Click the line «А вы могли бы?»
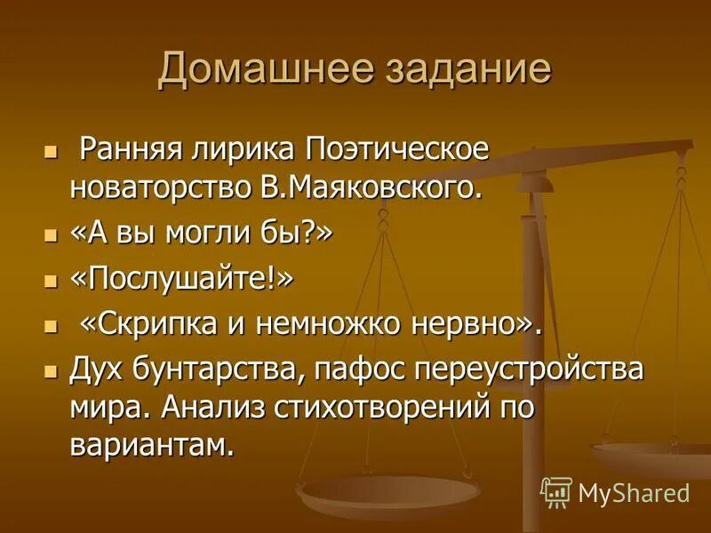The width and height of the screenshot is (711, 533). [x=201, y=234]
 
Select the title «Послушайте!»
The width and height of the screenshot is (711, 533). [x=181, y=279]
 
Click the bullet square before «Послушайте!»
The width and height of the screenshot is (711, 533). [x=51, y=281]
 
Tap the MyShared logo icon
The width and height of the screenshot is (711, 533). [x=556, y=493]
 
